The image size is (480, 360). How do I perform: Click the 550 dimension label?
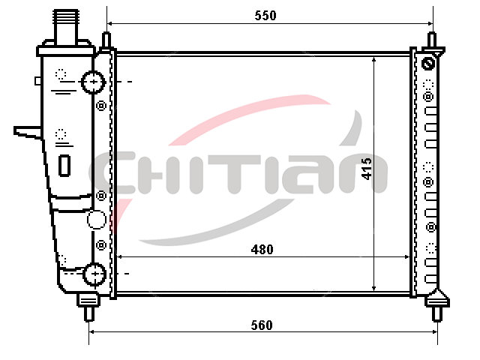click(x=265, y=15)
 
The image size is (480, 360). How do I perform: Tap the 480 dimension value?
click(x=262, y=250)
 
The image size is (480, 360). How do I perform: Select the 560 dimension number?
click(x=262, y=325)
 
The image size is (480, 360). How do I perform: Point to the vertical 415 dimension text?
click(x=367, y=168)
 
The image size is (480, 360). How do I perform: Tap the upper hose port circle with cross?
click(x=93, y=82)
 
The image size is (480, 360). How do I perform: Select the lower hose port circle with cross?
click(x=94, y=274)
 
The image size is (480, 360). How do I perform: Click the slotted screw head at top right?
click(x=428, y=64)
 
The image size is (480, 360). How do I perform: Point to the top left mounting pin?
click(x=106, y=40)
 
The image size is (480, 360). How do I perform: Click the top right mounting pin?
click(x=432, y=40)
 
